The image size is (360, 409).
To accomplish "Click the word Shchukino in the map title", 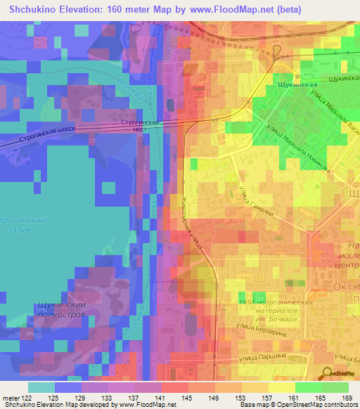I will (41, 10).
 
